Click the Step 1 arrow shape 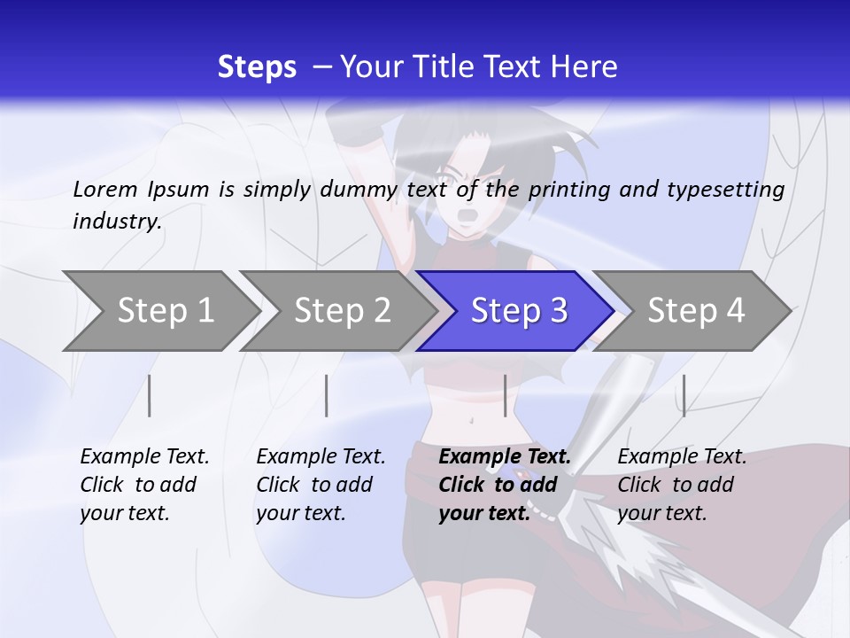pos(159,311)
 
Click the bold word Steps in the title pos(257,66)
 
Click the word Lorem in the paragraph pos(104,189)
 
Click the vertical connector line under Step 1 pos(150,395)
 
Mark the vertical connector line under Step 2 pos(327,395)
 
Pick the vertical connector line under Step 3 pos(505,395)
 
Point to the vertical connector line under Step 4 pos(684,395)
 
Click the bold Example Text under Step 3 pos(505,456)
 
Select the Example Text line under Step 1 pos(144,456)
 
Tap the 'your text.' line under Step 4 pos(661,513)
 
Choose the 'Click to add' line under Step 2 pos(314,485)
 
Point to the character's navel pos(470,420)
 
